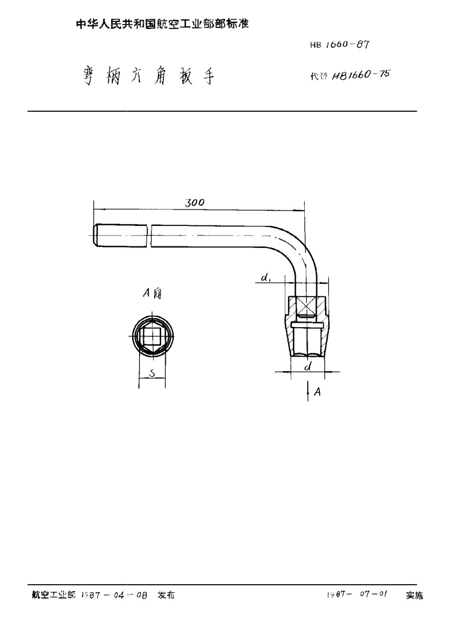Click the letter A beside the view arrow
(317, 393)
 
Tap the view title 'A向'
(152, 294)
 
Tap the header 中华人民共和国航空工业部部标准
(162, 23)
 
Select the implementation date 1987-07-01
(357, 595)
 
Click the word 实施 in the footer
(414, 595)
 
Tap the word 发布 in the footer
(166, 595)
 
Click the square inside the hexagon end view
(152, 335)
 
